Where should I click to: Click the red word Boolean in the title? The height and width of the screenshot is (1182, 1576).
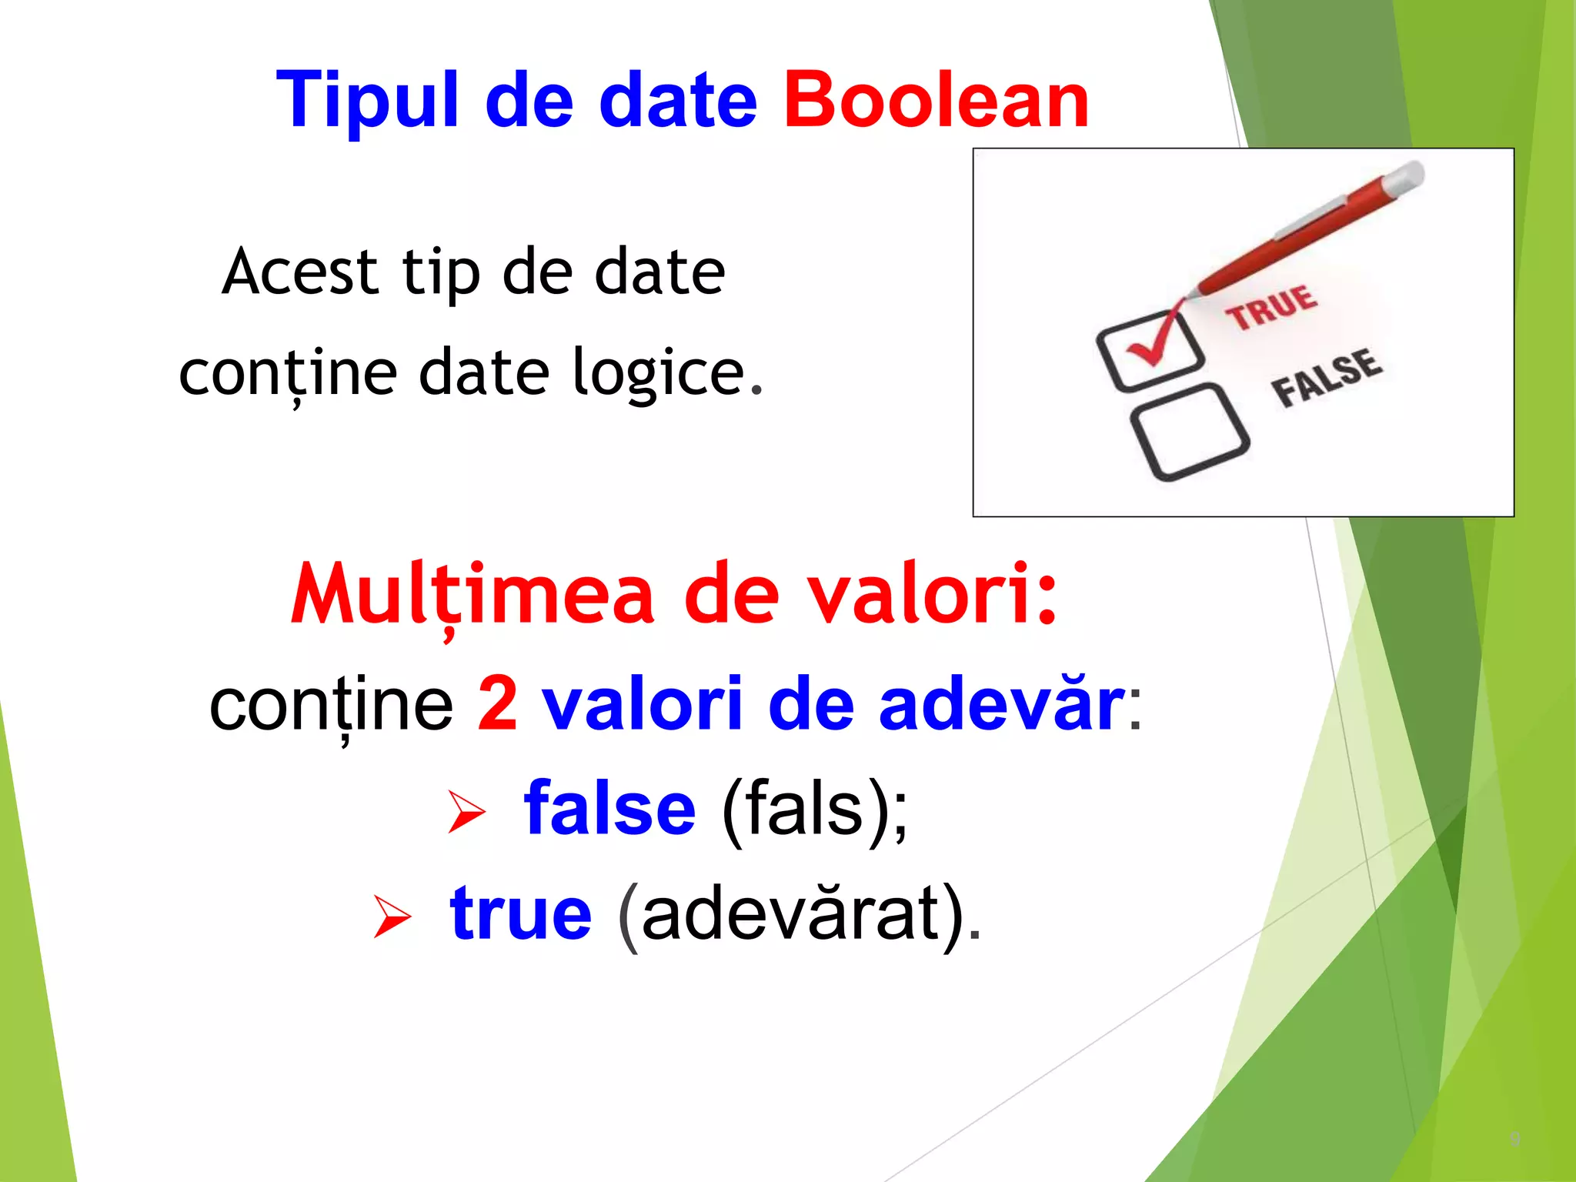(936, 100)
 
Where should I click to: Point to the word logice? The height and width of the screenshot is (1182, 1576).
(666, 372)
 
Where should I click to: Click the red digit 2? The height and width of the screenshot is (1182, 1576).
(497, 703)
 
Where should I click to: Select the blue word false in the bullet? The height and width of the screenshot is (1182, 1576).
(609, 808)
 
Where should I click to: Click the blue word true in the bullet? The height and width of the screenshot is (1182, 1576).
(521, 913)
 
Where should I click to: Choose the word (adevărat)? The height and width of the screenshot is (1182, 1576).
(800, 914)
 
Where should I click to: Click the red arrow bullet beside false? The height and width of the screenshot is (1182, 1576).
(466, 812)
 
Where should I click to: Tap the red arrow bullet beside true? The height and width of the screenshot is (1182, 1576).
(392, 916)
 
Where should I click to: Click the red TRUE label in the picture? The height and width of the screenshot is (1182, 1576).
(1271, 306)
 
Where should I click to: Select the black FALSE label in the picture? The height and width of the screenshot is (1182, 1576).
(1325, 377)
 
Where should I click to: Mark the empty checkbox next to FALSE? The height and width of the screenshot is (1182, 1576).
(1189, 432)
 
